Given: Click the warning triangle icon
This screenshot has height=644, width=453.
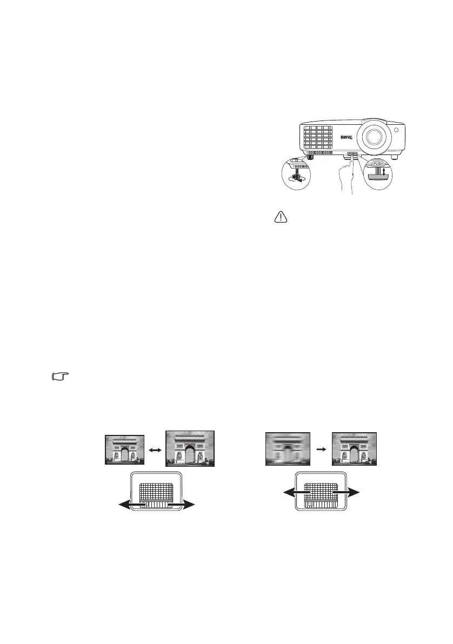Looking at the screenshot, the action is (x=282, y=217).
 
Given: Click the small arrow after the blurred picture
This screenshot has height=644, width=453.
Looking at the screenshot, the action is (x=321, y=448).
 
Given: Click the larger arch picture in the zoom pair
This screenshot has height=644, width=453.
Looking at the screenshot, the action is (x=190, y=448).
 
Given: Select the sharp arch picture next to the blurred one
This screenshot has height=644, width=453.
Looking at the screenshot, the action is (x=354, y=449).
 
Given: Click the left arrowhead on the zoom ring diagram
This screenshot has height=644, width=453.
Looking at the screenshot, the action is (x=123, y=505).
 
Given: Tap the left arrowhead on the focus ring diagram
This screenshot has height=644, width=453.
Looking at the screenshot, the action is (x=283, y=493).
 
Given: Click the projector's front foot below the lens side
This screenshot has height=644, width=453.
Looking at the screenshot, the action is (x=394, y=157).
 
